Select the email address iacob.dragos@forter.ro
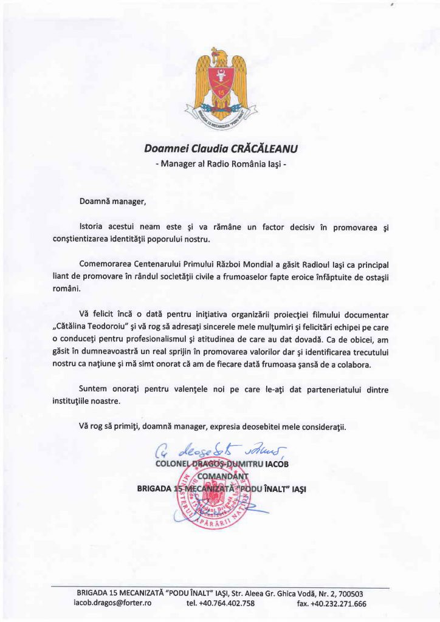112,604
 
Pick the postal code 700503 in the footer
349,593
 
